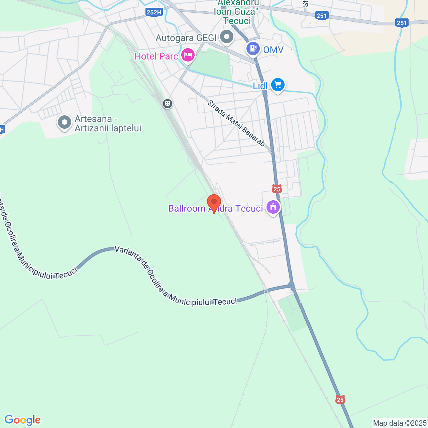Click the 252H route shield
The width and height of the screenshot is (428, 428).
pyautogui.click(x=154, y=13)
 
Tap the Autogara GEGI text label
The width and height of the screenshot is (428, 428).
pyautogui.click(x=186, y=38)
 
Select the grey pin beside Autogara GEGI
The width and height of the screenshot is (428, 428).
pyautogui.click(x=227, y=37)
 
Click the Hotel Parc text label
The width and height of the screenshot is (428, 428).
pyautogui.click(x=156, y=56)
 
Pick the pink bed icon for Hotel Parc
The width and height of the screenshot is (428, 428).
pyautogui.click(x=188, y=54)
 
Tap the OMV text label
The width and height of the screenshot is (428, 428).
pyautogui.click(x=273, y=50)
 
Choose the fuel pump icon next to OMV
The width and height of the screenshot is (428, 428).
pyautogui.click(x=253, y=48)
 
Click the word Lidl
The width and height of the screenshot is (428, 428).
pyautogui.click(x=260, y=86)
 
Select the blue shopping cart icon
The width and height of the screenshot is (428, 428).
pyautogui.click(x=278, y=85)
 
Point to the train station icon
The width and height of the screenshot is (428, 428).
pyautogui.click(x=168, y=104)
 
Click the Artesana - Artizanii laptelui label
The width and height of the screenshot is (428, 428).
pyautogui.click(x=108, y=124)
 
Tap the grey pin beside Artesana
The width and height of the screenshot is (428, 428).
pyautogui.click(x=65, y=122)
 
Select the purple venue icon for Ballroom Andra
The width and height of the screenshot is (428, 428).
pyautogui.click(x=273, y=207)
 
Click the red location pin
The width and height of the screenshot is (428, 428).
pyautogui.click(x=214, y=203)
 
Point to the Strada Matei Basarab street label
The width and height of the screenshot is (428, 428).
pyautogui.click(x=236, y=123)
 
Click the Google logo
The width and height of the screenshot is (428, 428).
pyautogui.click(x=22, y=420)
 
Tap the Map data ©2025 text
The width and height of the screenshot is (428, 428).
pyautogui.click(x=400, y=423)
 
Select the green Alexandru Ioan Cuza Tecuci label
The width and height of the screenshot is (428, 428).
pyautogui.click(x=237, y=12)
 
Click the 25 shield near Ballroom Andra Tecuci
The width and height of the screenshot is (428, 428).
pyautogui.click(x=277, y=189)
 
